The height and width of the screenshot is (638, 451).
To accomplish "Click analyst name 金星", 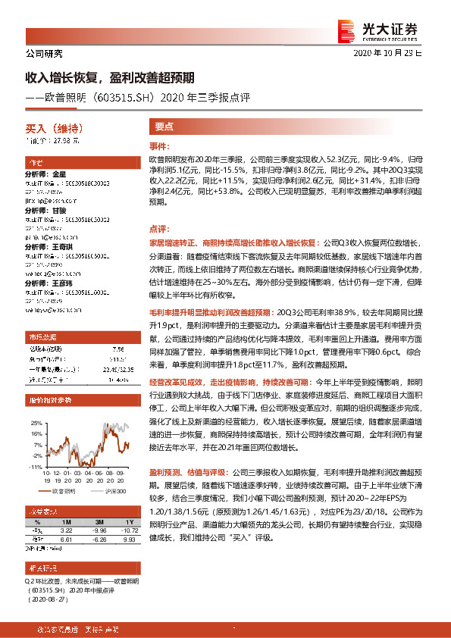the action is (60, 174).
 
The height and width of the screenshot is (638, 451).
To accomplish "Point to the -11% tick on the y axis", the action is (36, 468).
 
